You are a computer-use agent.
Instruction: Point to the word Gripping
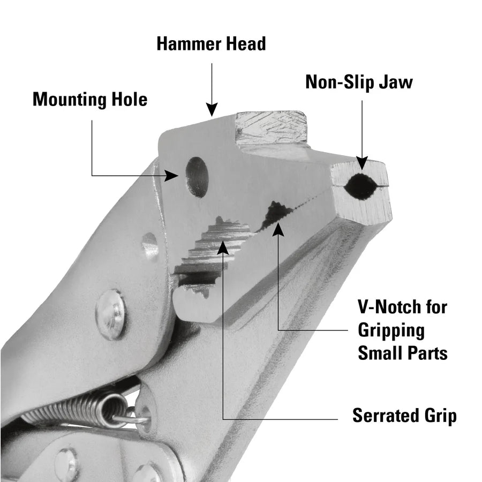(391, 330)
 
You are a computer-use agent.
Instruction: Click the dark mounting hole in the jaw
(197, 177)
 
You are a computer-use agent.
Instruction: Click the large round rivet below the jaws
(111, 314)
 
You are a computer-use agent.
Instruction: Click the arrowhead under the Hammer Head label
(212, 110)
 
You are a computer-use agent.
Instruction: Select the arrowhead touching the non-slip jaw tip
(361, 162)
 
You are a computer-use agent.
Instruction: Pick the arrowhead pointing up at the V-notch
(277, 229)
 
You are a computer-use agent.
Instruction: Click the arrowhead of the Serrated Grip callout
(223, 247)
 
